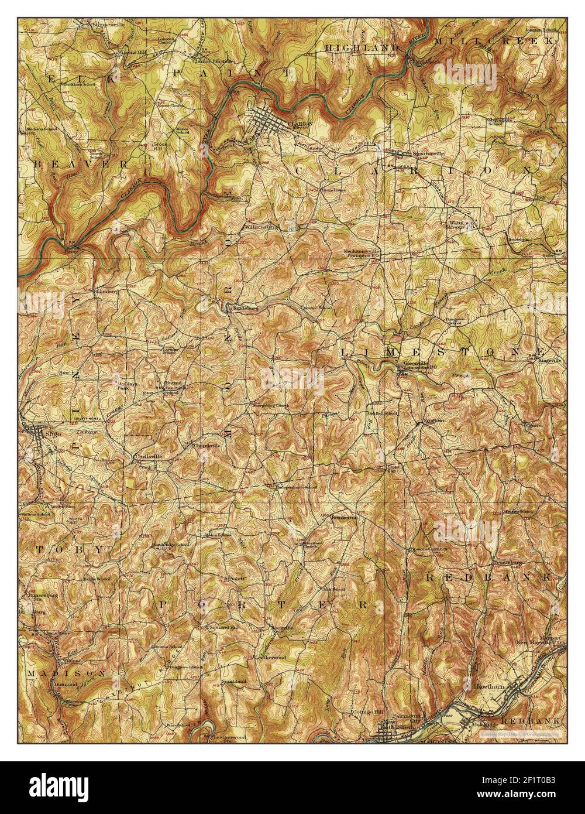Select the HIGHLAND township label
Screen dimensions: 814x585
pyautogui.click(x=362, y=47)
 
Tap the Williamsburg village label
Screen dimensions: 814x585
pyautogui.click(x=261, y=225)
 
